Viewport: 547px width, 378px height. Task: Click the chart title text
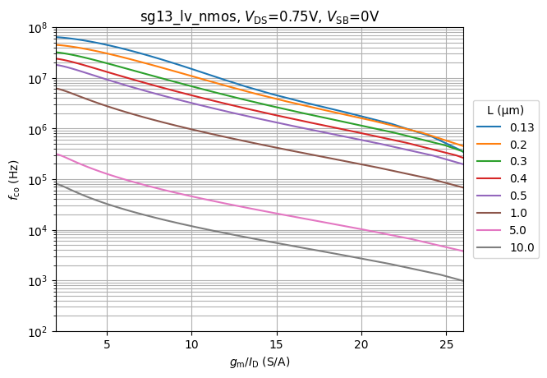pos(260,16)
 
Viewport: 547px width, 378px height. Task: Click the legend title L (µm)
pos(505,110)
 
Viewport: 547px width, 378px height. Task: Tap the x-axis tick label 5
pos(107,344)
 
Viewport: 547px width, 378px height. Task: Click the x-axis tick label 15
pos(277,344)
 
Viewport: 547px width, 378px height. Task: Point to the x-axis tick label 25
pos(446,344)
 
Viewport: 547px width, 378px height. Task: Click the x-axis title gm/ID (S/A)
pos(260,362)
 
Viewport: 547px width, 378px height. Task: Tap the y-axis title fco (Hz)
pos(14,180)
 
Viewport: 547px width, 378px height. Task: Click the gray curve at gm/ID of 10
pos(192,227)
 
